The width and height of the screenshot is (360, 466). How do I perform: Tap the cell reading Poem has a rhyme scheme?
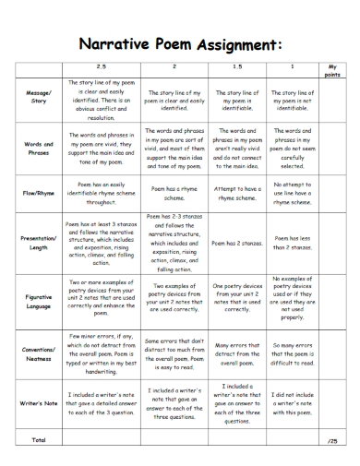[174, 194]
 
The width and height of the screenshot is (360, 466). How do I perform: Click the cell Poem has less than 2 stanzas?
[294, 243]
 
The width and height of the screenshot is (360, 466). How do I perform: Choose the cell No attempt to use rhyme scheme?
[294, 194]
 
